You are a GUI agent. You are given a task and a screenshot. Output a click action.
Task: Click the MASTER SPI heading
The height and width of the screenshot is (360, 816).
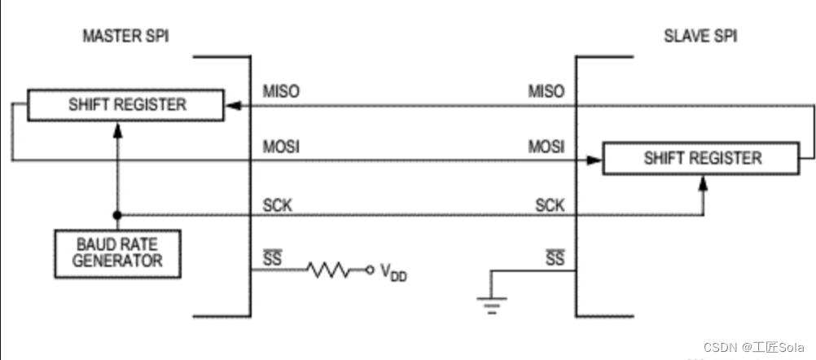(127, 37)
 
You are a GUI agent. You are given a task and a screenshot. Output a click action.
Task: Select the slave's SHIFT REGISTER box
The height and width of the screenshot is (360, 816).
(702, 158)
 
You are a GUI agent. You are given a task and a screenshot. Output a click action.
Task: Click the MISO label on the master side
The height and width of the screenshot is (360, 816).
(281, 91)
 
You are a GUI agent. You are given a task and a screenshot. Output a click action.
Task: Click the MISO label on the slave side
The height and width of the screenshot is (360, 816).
(546, 91)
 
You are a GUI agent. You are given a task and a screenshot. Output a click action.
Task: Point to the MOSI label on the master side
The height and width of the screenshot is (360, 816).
(281, 147)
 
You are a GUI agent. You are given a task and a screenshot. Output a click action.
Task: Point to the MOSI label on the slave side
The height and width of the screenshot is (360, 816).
(546, 147)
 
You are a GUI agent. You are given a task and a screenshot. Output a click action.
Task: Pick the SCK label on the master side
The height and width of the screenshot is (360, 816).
(277, 204)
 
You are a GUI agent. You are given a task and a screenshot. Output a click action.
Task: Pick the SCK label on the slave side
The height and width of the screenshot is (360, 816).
(550, 204)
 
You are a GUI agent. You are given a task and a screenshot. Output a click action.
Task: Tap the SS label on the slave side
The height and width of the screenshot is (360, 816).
(555, 258)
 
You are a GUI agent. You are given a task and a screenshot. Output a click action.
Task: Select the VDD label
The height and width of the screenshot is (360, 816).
(393, 273)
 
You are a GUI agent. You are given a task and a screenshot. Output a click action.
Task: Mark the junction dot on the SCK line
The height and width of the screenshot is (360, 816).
(118, 215)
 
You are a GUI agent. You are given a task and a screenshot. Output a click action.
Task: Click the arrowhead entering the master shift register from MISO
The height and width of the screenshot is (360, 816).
(231, 105)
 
